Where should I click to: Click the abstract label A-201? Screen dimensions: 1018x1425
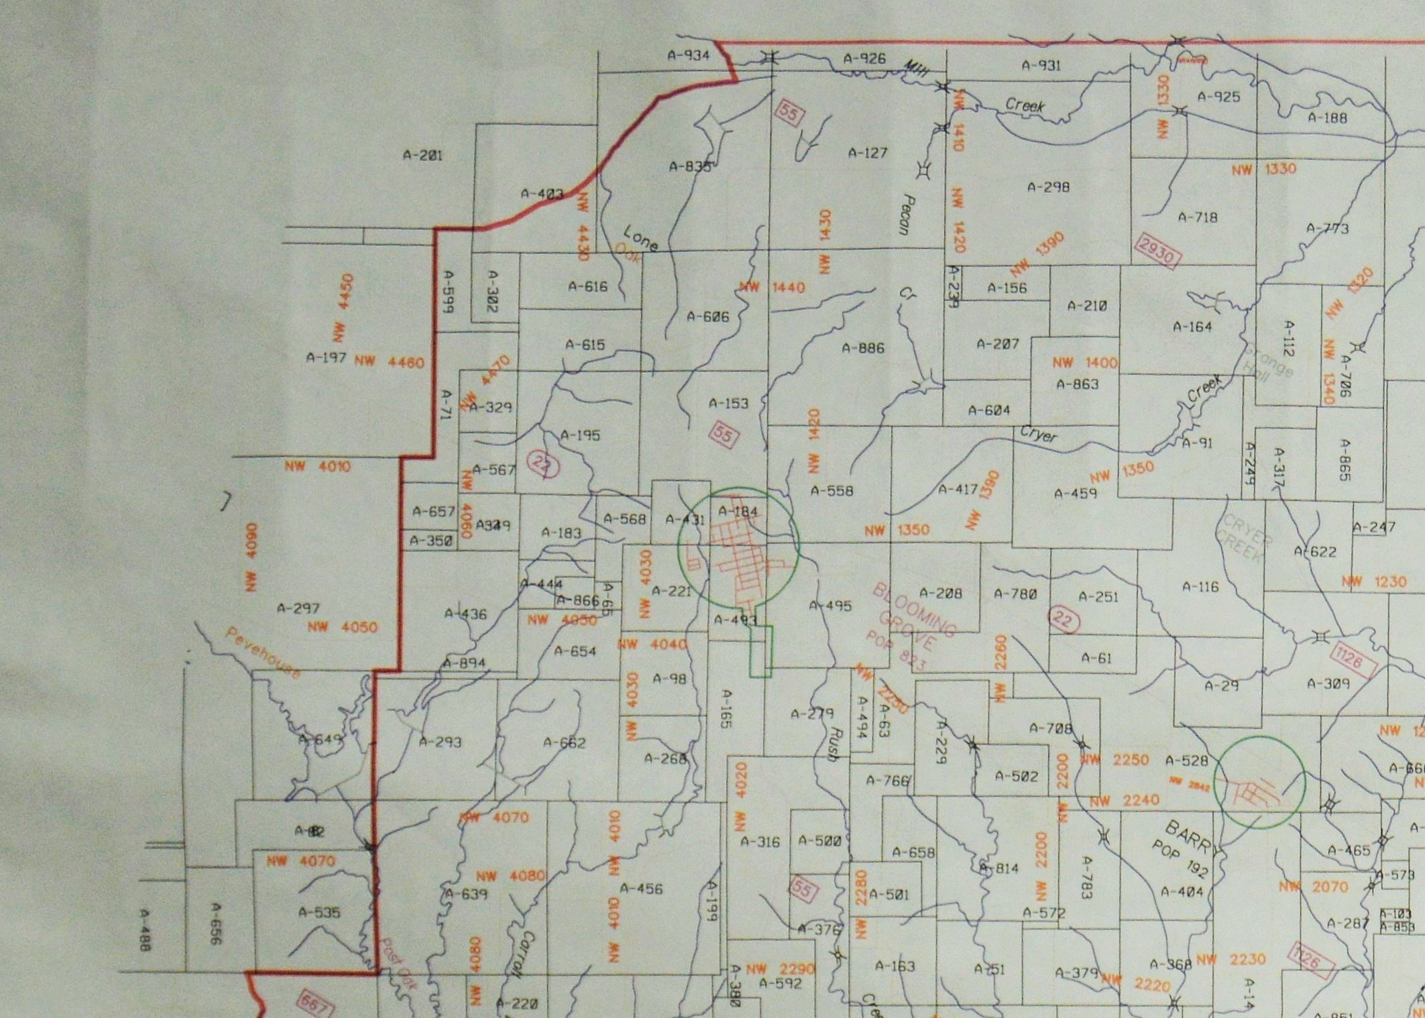(422, 155)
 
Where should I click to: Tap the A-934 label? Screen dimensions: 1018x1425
(688, 55)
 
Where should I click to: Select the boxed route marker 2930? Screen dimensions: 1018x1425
(1157, 251)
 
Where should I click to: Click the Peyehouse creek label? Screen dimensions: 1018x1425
(262, 652)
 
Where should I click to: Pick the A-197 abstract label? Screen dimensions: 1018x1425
(326, 357)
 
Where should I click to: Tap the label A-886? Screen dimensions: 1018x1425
(863, 348)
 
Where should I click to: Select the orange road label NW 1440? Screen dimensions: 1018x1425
(771, 288)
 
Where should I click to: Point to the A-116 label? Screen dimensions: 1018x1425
(1200, 587)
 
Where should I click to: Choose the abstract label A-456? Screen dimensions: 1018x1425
(640, 889)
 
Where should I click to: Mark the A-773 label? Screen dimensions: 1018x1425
(1327, 229)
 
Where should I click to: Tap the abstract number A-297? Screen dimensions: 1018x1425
(298, 608)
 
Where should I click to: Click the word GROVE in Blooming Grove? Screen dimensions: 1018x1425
(915, 627)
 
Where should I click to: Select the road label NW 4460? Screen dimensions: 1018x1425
(389, 362)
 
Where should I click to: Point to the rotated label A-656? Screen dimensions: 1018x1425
(215, 923)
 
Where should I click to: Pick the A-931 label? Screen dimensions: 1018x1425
(1041, 65)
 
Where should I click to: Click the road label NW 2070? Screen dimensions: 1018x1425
(1312, 887)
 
